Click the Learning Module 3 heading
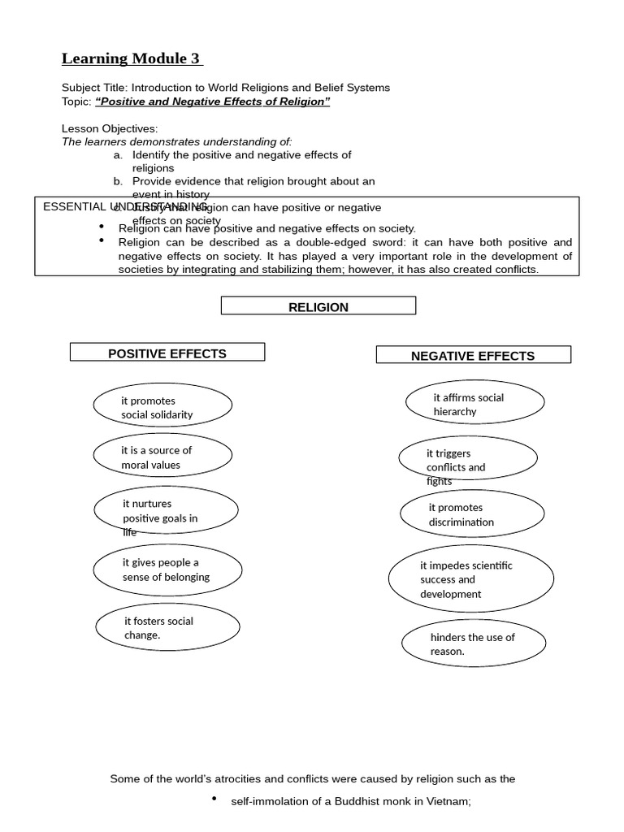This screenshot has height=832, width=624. (x=131, y=58)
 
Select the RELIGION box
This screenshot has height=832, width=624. (x=318, y=306)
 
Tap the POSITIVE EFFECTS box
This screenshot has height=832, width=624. (x=167, y=353)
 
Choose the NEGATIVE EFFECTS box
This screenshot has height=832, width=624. (x=473, y=355)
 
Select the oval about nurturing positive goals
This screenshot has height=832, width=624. (x=165, y=511)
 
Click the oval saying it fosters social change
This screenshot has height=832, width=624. (x=167, y=627)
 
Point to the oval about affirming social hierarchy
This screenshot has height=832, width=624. (x=475, y=403)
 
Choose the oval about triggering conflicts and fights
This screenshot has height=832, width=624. (x=467, y=459)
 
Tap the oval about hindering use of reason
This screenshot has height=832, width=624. (x=472, y=643)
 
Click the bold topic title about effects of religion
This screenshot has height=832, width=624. (x=213, y=102)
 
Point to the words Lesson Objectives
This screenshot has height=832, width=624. (x=110, y=128)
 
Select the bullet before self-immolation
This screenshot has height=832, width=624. (x=214, y=799)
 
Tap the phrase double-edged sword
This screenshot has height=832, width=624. (x=364, y=242)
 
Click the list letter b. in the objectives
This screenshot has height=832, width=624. (x=118, y=181)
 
